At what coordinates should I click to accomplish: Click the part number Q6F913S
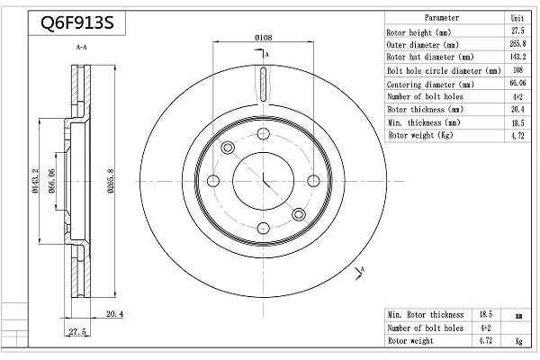[x=77, y=23]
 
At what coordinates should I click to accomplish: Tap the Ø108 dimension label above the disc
[x=264, y=37]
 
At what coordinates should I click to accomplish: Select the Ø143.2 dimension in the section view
[x=35, y=181]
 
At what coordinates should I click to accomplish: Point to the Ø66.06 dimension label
[x=51, y=181]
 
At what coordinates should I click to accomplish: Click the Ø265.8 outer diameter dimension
[x=110, y=181]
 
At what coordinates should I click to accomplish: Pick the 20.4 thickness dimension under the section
[x=114, y=314]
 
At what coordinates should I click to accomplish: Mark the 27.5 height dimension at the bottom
[x=77, y=332]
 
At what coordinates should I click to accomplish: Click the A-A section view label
[x=81, y=47]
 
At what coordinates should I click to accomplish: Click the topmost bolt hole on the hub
[x=264, y=134]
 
